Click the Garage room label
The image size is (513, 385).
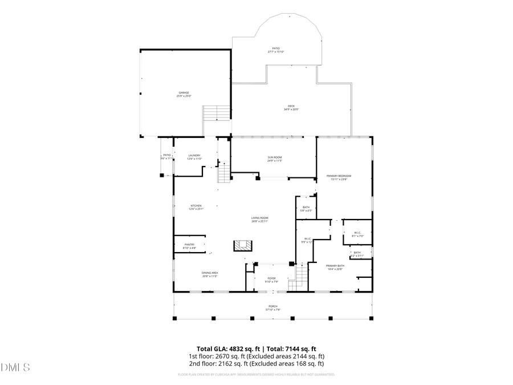click(x=183, y=94)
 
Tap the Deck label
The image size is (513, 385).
click(x=291, y=107)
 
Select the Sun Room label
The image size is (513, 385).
click(x=275, y=159)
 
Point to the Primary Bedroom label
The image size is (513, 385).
click(x=339, y=177)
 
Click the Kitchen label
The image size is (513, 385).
click(x=196, y=207)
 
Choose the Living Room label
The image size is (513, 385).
click(x=260, y=219)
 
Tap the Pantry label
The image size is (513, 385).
click(x=189, y=246)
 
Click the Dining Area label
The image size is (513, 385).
click(x=209, y=274)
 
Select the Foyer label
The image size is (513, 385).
click(x=271, y=279)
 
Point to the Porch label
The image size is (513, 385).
click(x=273, y=307)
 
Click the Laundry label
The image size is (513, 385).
click(x=194, y=157)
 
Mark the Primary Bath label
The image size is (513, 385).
click(x=335, y=267)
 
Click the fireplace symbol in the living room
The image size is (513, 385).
click(x=242, y=246)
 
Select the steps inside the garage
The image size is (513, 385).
click(x=217, y=112)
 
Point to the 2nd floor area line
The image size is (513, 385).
click(x=256, y=363)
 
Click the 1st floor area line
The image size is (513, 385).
click(x=256, y=356)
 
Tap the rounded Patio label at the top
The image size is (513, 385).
click(x=276, y=50)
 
